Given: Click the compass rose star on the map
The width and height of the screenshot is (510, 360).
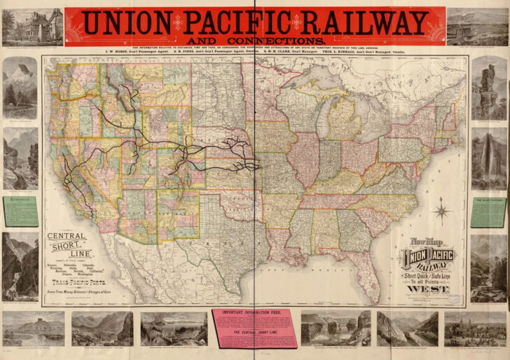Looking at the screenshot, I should [x=441, y=209].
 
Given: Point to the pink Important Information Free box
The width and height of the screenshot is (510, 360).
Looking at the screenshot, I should [x=255, y=327].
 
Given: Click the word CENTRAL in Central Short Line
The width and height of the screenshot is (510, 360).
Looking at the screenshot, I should [x=67, y=236].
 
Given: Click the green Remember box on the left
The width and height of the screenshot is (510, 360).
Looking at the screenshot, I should [x=20, y=211].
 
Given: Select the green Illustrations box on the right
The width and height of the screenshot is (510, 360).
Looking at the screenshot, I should [x=488, y=211].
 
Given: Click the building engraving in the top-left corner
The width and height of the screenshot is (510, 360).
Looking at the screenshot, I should [x=32, y=27].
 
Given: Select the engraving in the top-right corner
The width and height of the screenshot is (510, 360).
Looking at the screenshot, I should [x=477, y=27].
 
